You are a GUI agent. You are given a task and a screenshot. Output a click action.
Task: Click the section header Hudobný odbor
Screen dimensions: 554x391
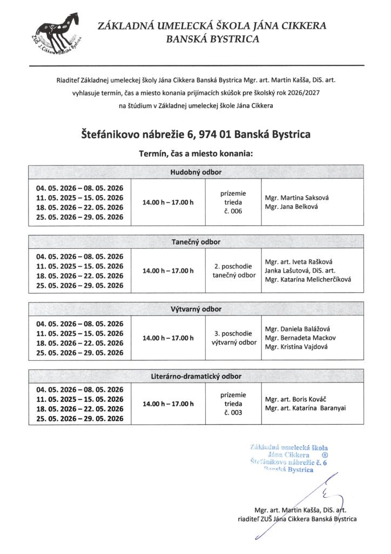196,173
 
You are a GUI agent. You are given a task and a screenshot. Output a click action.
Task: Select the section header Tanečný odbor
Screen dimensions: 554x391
196,242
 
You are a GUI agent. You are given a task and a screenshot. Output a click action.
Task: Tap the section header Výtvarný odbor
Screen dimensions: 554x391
196,309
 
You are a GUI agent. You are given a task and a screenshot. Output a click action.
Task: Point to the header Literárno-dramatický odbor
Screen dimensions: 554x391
196,376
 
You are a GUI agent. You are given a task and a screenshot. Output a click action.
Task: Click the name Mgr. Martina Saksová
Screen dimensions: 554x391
296,197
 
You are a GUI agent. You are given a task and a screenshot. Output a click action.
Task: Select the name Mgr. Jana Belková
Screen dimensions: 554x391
292,207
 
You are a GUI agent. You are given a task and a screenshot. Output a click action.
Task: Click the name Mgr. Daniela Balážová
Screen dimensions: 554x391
295,329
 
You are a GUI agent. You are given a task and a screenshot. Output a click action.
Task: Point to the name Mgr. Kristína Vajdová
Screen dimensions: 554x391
296,347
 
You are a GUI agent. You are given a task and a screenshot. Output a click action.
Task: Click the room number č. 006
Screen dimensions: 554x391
233,212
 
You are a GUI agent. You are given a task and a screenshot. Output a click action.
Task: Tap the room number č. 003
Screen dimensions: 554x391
233,413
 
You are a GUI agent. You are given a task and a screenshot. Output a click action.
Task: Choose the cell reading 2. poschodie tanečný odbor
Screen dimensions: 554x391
233,271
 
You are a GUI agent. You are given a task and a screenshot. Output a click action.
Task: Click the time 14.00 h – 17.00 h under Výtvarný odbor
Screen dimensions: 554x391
168,338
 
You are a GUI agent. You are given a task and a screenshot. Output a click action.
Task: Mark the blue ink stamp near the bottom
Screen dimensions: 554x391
289,459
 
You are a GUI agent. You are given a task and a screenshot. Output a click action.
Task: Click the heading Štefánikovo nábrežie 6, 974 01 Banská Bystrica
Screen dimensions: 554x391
196,133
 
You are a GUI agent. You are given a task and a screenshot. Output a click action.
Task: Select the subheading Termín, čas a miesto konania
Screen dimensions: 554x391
196,154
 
